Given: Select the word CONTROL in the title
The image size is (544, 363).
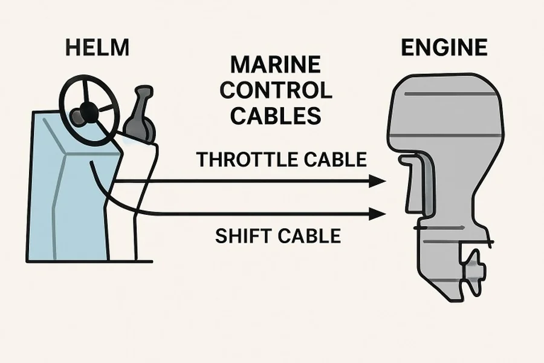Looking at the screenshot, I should point(275,91).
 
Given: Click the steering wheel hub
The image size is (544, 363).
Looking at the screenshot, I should point(87,110).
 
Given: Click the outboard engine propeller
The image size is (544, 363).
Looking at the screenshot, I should point(472,266).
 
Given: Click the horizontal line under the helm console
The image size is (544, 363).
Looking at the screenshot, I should point(91,261).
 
